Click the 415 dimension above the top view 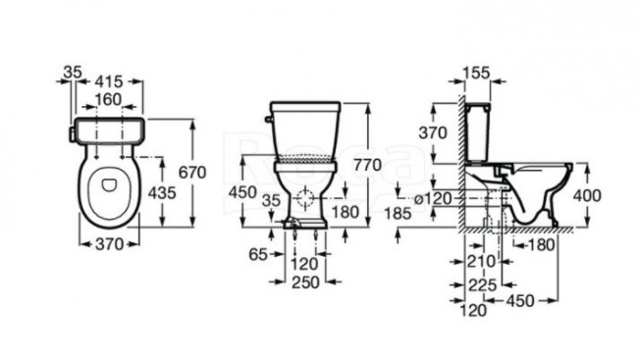coord(109,81)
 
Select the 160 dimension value coord(109,100)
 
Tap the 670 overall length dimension coord(192,173)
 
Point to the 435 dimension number coord(162,193)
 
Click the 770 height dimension coord(368,165)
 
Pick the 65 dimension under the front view coord(258,255)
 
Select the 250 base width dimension coord(305,283)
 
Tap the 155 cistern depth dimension coord(476,74)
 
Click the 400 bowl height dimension coord(587,196)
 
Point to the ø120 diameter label coord(433,199)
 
